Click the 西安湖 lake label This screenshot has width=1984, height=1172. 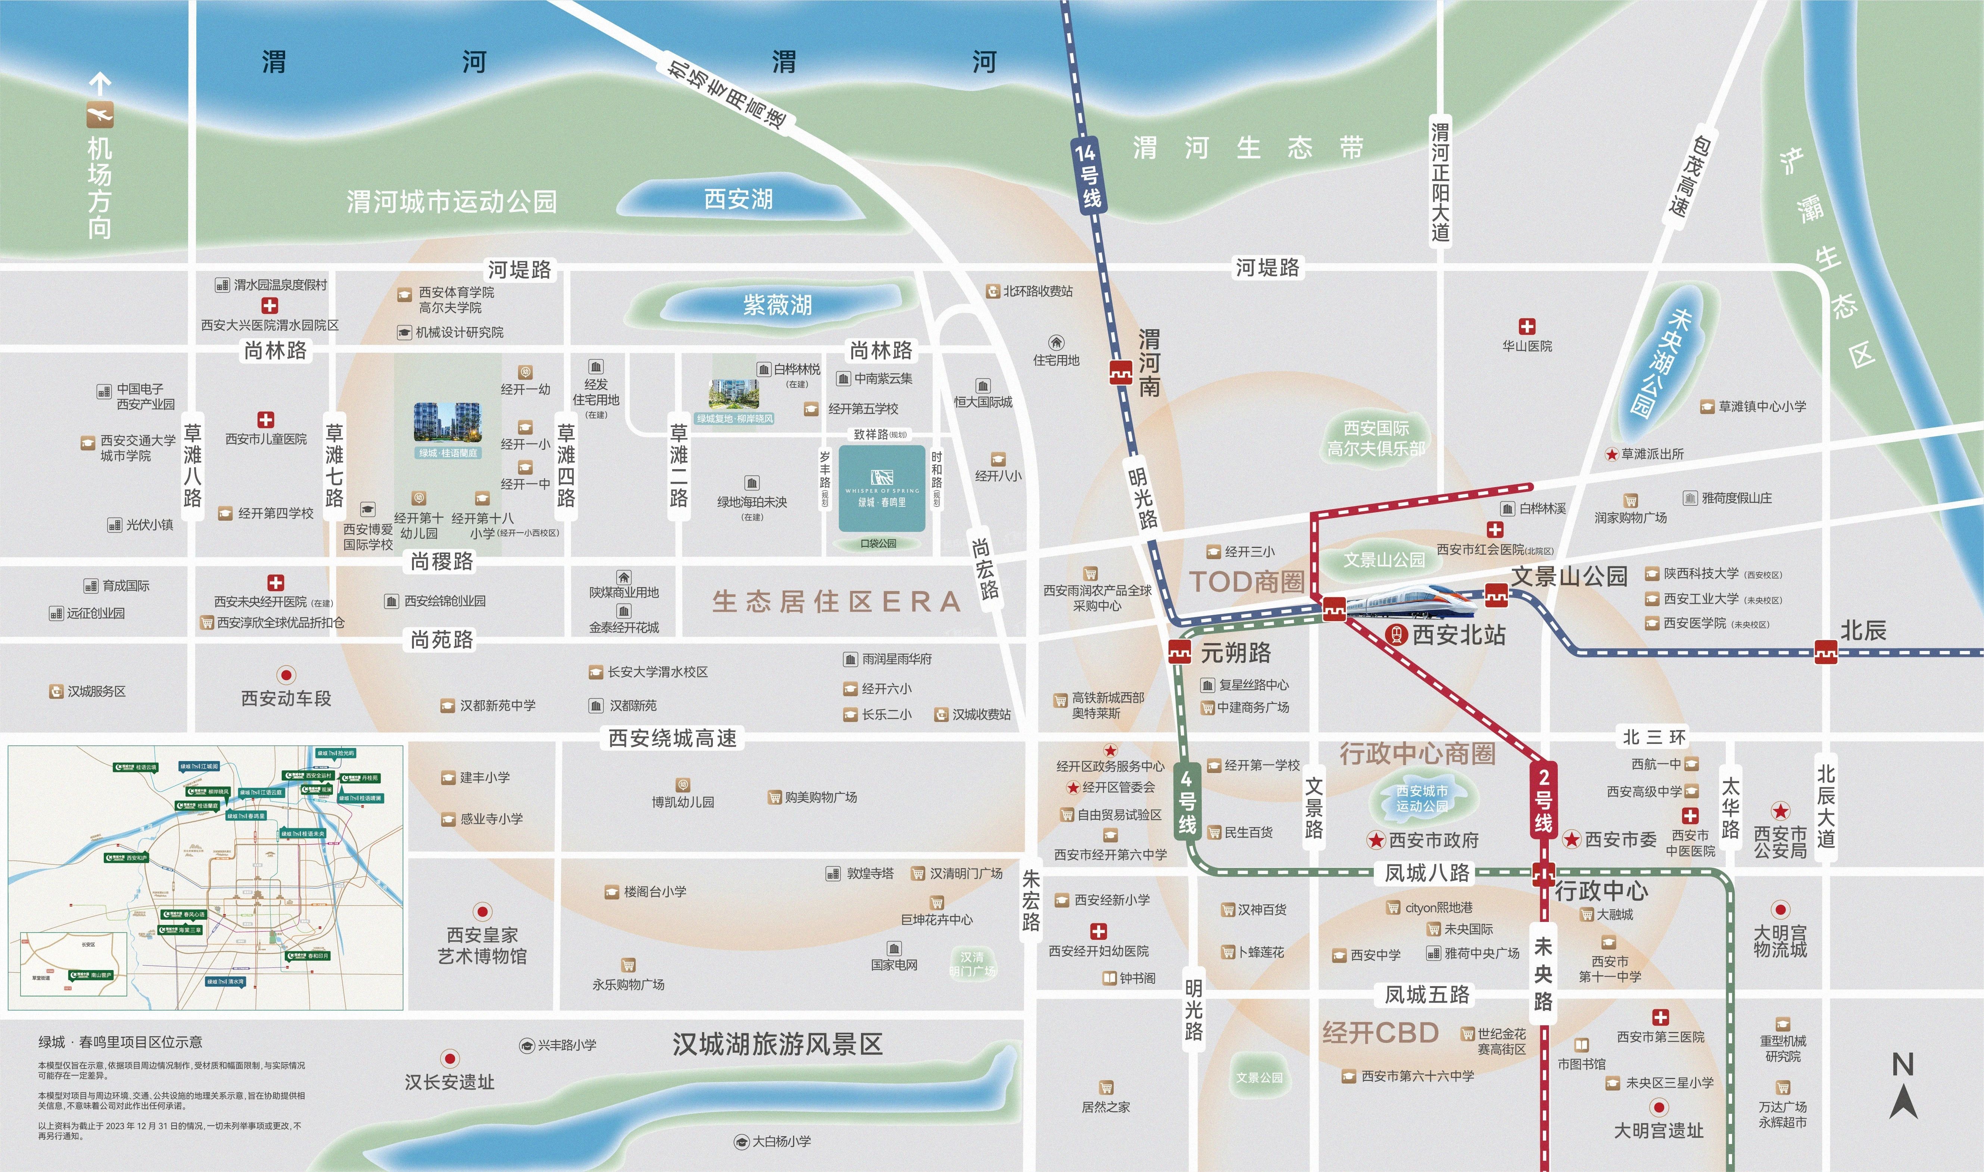point(738,199)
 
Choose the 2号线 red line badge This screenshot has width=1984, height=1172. point(1544,798)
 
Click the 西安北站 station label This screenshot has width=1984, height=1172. point(1457,635)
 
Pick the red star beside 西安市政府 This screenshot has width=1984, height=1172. point(1376,840)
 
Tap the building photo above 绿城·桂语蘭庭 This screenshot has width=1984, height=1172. point(447,423)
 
